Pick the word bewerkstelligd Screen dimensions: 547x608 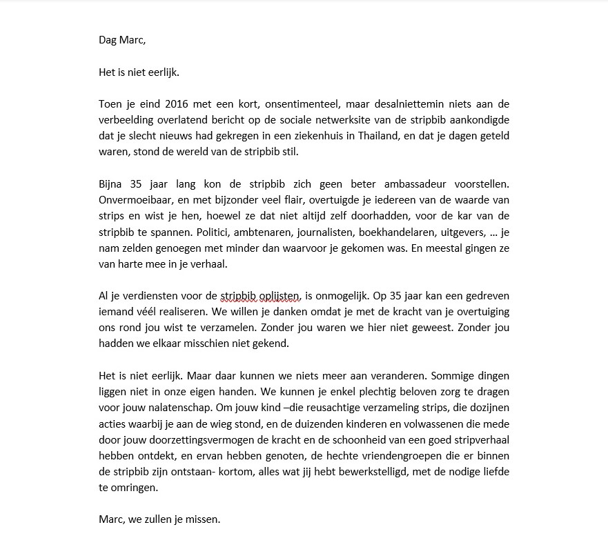pyautogui.click(x=389, y=471)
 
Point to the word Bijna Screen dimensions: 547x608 pyautogui.click(x=112, y=184)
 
